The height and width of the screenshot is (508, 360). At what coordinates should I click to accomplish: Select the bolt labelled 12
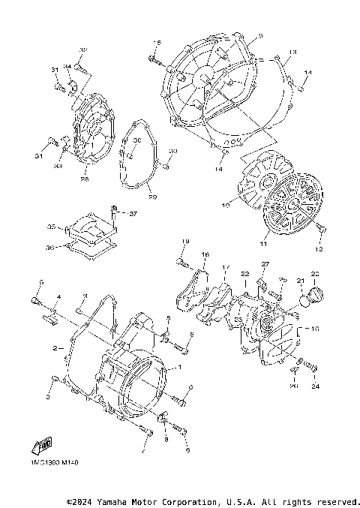320,227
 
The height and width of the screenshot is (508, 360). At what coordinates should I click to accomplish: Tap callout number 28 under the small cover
85,179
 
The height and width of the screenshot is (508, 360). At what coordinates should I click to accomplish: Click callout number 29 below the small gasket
152,197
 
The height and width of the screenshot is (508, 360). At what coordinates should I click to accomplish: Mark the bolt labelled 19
181,260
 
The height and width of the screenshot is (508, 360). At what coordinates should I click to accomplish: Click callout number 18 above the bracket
205,255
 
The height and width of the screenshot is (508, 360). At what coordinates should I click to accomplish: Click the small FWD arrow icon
42,447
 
